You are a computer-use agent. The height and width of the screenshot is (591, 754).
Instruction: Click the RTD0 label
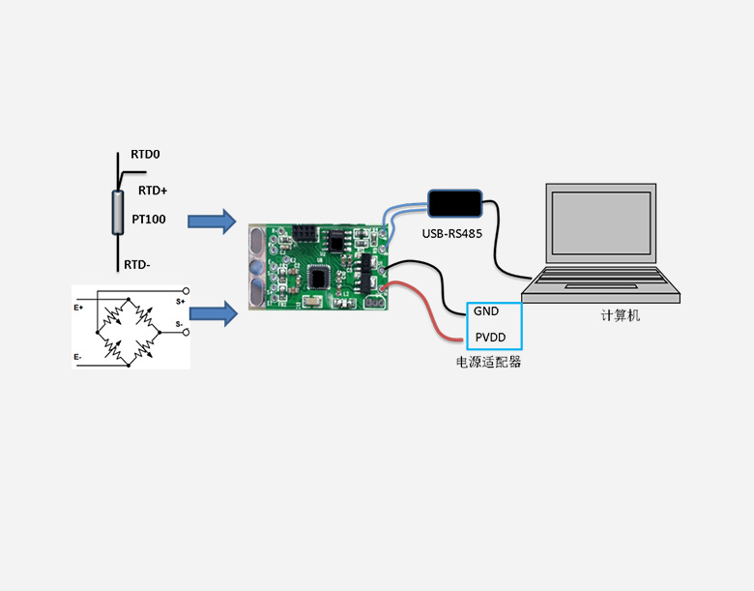click(x=145, y=155)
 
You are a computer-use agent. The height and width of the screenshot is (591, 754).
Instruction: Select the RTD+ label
click(x=153, y=191)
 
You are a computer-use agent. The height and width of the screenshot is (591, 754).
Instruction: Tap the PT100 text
click(x=149, y=220)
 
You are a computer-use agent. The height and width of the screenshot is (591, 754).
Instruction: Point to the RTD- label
click(x=136, y=264)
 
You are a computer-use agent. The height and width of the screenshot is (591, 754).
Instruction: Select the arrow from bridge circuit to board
click(x=213, y=312)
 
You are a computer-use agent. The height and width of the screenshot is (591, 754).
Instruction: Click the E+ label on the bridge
click(x=79, y=308)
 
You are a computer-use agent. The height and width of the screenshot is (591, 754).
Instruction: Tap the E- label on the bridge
click(x=78, y=358)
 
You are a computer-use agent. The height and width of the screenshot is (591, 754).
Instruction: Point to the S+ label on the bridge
click(x=180, y=301)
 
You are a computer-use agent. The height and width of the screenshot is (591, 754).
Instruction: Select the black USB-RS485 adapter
click(x=456, y=203)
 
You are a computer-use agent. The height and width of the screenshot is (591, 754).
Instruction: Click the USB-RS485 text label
click(x=451, y=234)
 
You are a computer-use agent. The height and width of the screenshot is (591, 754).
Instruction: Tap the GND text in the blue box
click(x=485, y=311)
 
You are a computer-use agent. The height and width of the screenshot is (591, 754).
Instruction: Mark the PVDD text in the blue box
click(x=490, y=339)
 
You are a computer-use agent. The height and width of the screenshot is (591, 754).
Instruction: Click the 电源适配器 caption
click(x=489, y=363)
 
